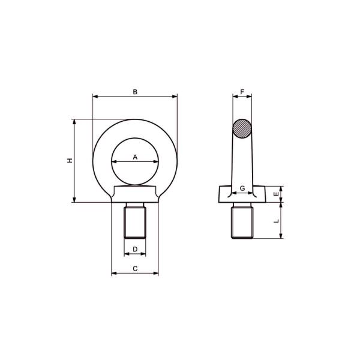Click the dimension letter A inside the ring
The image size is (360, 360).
coord(135,157)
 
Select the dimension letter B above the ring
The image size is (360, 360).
coord(135,92)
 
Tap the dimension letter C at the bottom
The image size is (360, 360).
coord(135,269)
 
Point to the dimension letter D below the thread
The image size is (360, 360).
coord(135,248)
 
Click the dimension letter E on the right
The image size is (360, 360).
coord(276,194)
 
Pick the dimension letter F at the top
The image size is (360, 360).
coord(242,92)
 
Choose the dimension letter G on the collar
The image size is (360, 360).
coord(242,188)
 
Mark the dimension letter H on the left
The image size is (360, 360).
coord(70,161)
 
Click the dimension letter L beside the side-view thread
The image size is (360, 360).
coord(276,221)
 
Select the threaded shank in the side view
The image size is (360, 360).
coord(242,221)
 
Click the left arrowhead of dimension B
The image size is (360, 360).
coord(95,96)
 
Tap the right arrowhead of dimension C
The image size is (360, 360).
coord(157,274)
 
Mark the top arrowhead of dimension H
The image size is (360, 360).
coord(74,121)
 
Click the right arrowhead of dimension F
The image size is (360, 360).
coord(250,96)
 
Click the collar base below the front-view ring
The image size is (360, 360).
coord(135,196)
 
